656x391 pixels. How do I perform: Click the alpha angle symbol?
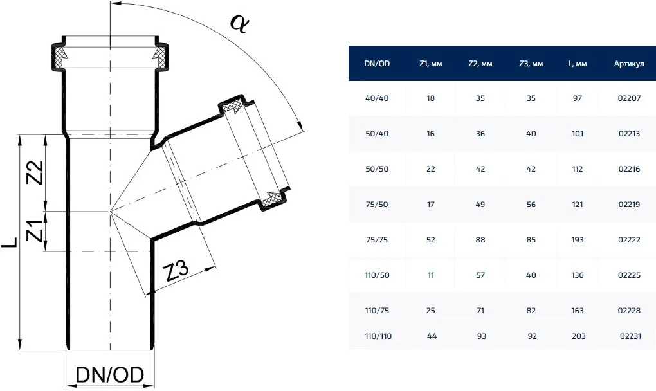point(239,24)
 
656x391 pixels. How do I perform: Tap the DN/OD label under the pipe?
point(110,375)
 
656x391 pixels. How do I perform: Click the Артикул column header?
point(629,64)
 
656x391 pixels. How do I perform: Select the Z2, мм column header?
point(480,64)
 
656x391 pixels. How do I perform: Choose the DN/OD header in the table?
point(377,64)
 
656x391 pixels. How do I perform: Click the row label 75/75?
point(377,240)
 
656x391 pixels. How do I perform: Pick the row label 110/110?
point(378,336)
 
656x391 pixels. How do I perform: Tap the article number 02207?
point(629,98)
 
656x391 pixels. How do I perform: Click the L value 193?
point(578,240)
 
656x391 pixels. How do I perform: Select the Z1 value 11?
point(431,275)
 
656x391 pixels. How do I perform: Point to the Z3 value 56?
point(531,205)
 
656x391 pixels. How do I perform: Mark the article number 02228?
point(629,311)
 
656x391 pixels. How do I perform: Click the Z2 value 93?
point(482,336)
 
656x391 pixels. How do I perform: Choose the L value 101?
point(578,134)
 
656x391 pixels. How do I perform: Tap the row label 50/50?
point(377,169)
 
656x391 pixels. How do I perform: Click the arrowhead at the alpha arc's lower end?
point(300,125)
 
